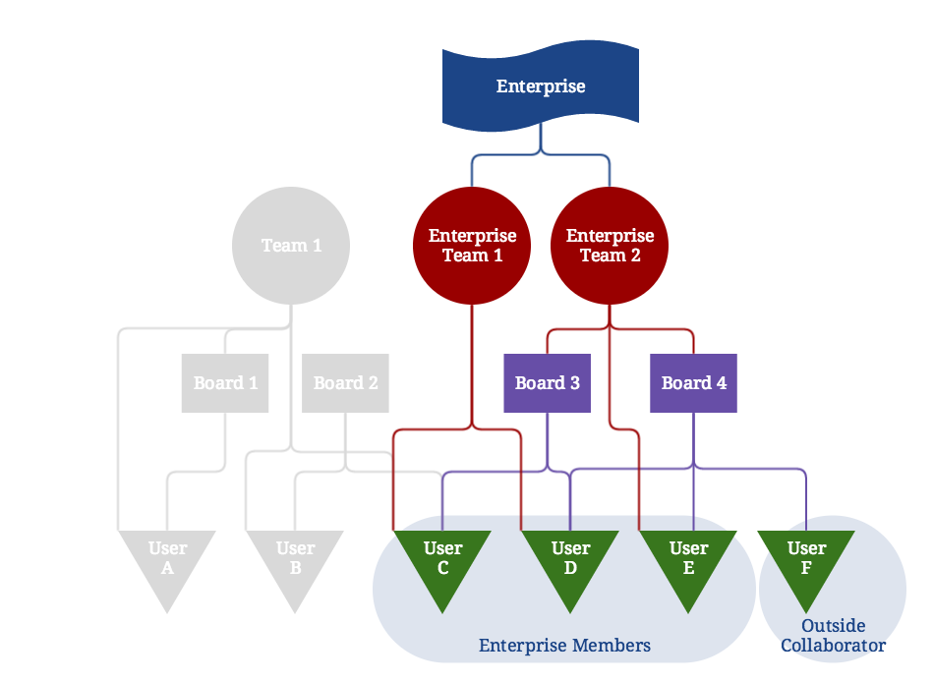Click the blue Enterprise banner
[x=540, y=86]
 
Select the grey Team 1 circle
[x=291, y=245]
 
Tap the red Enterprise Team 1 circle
[x=472, y=245]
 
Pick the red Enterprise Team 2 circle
[x=610, y=245]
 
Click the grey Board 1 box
[x=226, y=382]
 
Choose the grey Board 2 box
[x=346, y=382]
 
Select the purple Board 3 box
[x=548, y=382]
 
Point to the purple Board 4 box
[x=694, y=382]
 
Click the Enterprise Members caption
[x=564, y=646]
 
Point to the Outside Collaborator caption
[x=833, y=636]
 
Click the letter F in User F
[x=807, y=568]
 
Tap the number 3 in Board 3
[x=574, y=382]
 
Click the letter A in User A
[x=167, y=568]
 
